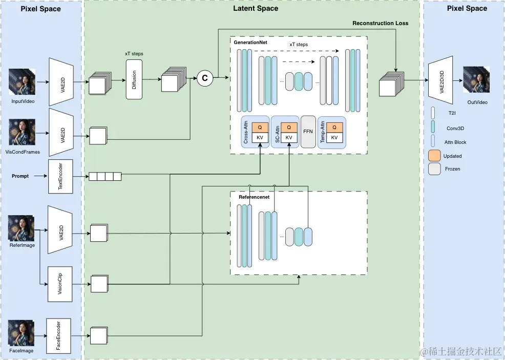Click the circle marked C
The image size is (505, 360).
pos(205,78)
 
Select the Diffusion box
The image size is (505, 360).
pos(134,79)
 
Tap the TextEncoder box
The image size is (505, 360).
pos(61,177)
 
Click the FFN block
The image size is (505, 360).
pos(308,132)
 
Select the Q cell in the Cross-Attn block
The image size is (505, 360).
pos(260,128)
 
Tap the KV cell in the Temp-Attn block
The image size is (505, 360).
pos(335,138)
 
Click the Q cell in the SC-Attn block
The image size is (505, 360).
pos(289,128)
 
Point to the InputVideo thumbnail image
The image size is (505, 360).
pos(22,82)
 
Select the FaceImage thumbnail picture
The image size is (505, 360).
pos(22,333)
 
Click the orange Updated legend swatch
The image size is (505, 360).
pos(434,156)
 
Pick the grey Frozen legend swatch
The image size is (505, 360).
pos(434,168)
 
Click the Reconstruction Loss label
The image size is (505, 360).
pos(381,23)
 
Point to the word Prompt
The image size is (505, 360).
pos(20,176)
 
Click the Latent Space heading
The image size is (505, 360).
pos(256,8)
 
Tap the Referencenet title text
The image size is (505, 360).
pos(254,197)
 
